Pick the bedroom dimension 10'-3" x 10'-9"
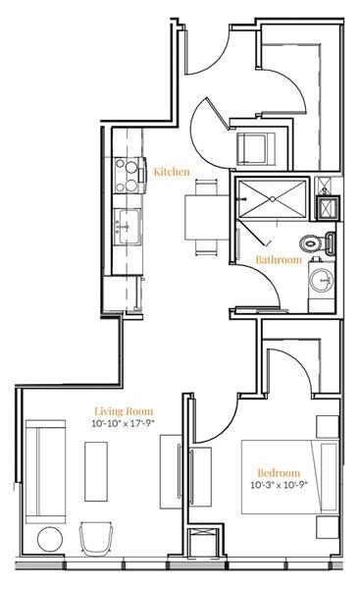point(279,484)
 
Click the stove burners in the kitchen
point(128,178)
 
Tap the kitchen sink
point(126,224)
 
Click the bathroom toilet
point(316,241)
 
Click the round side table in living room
point(48,539)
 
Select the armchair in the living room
point(97,537)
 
